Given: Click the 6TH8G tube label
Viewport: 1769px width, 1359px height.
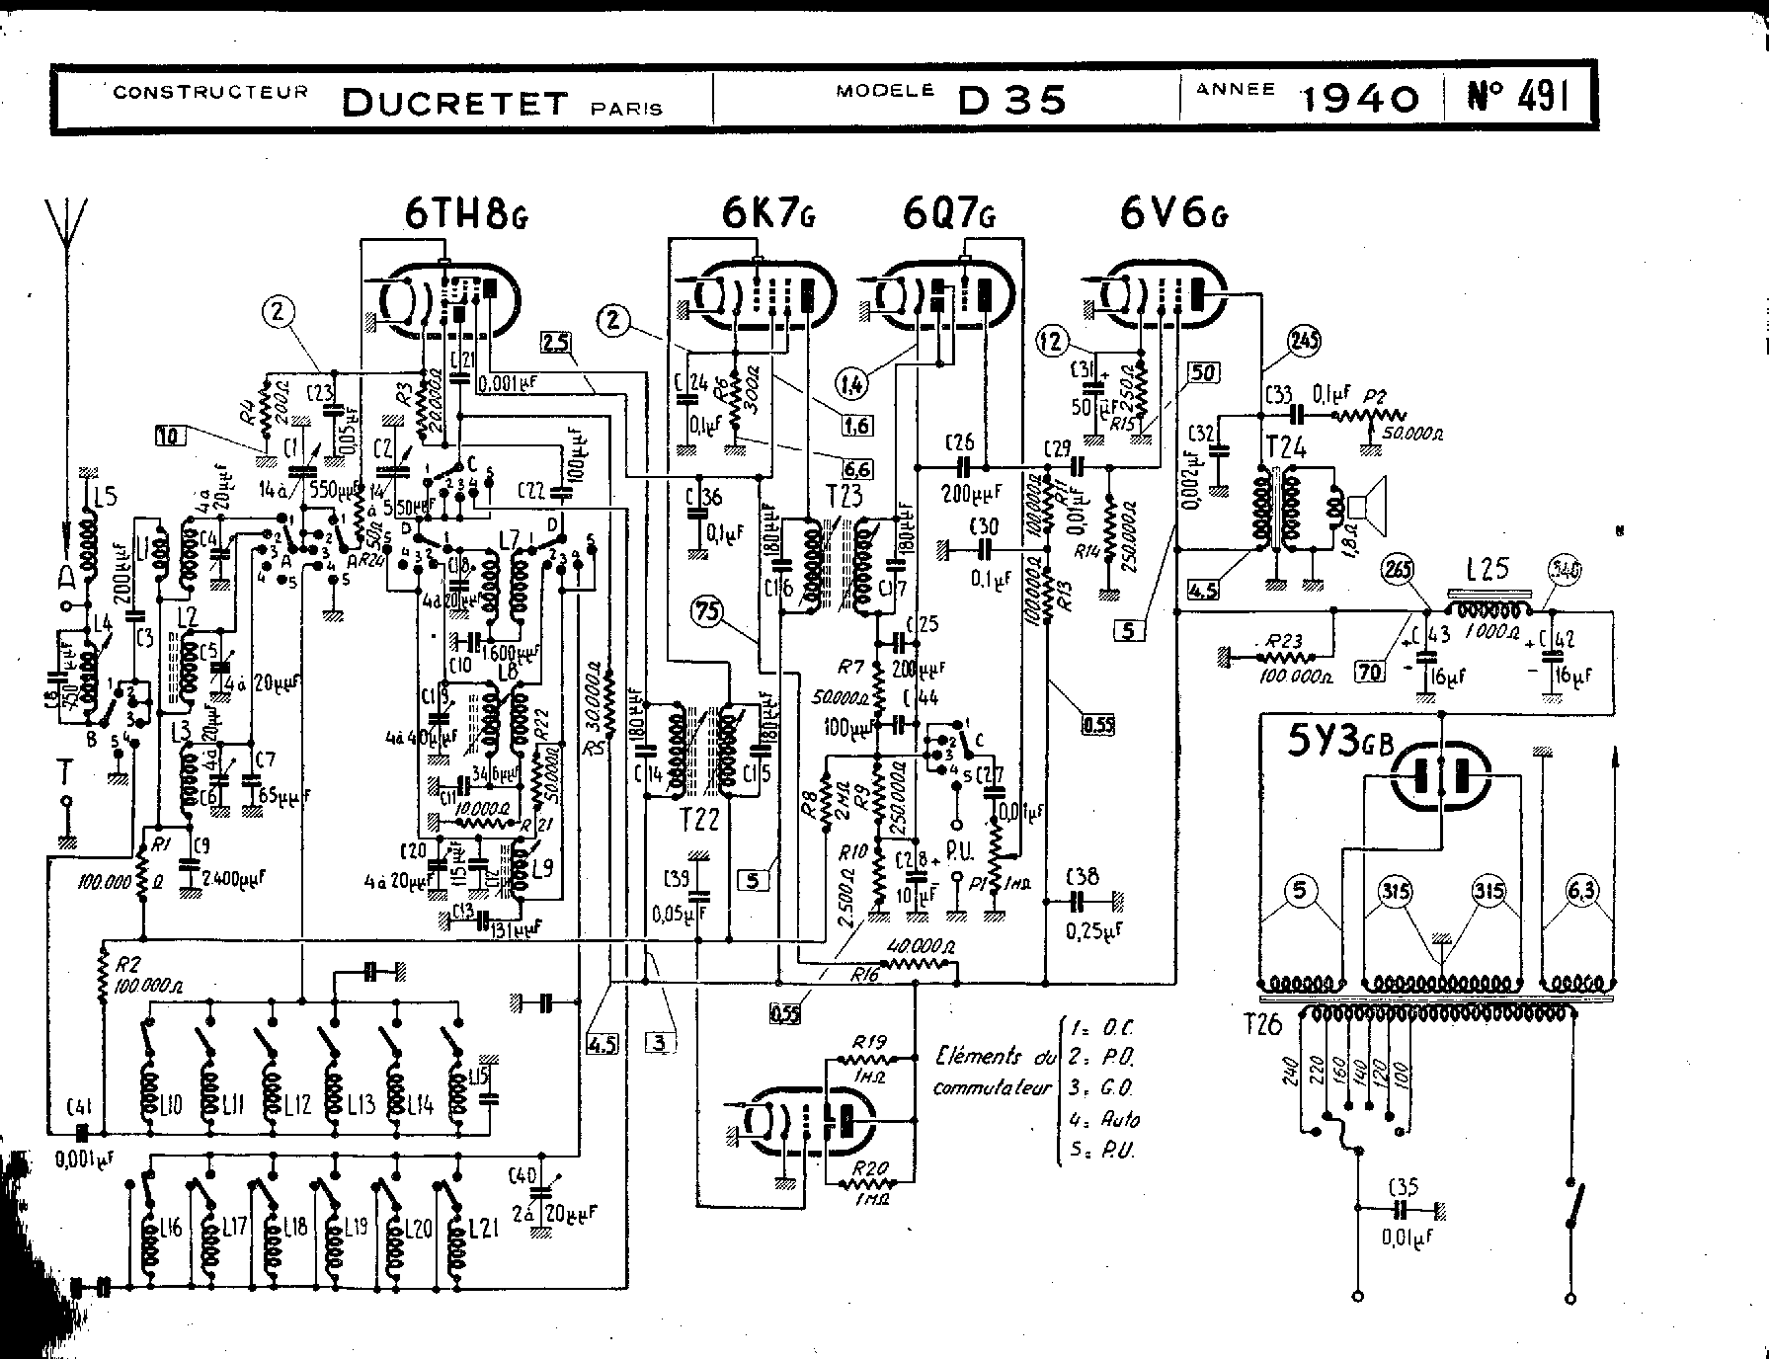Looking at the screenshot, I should tap(465, 213).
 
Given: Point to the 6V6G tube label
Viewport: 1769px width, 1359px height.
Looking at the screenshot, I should tap(1172, 213).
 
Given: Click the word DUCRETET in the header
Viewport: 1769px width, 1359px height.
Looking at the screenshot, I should tap(455, 102).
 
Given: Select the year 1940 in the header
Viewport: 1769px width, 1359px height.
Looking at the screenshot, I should tap(1360, 98).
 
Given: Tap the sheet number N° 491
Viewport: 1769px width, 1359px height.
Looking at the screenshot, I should tap(1517, 97).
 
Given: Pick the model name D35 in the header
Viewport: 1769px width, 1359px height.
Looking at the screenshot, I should tap(1012, 99).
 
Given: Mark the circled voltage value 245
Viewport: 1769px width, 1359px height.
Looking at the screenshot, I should tap(1305, 340).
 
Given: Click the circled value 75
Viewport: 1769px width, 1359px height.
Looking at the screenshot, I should tap(708, 611).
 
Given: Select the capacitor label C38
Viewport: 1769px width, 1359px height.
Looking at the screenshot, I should tap(1085, 876).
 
